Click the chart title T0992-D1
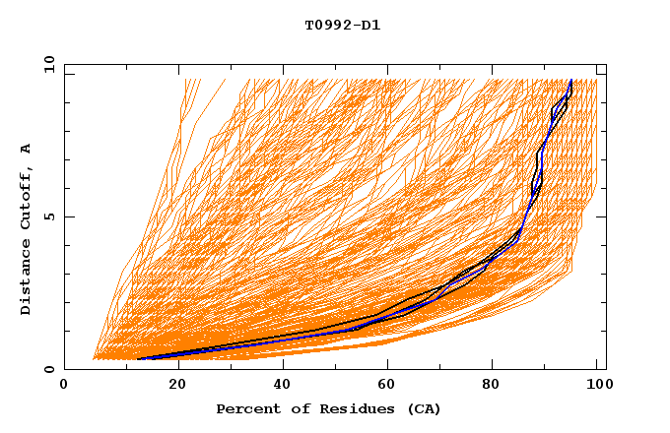tap(342, 26)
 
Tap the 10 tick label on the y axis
tap(47, 64)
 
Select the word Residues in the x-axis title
tap(346, 408)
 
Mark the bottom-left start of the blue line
tap(138, 359)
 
